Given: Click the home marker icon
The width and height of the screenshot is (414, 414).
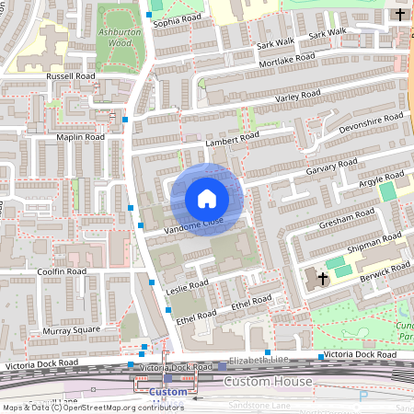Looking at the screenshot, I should point(206,199).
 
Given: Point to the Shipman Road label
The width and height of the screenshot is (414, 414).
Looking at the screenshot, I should point(374,244).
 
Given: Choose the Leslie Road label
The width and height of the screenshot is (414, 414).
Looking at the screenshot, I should point(188,285).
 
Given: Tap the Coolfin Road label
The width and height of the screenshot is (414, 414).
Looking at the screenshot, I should point(61,272).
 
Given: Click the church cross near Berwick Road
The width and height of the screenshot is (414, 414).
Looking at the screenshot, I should point(323,277).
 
